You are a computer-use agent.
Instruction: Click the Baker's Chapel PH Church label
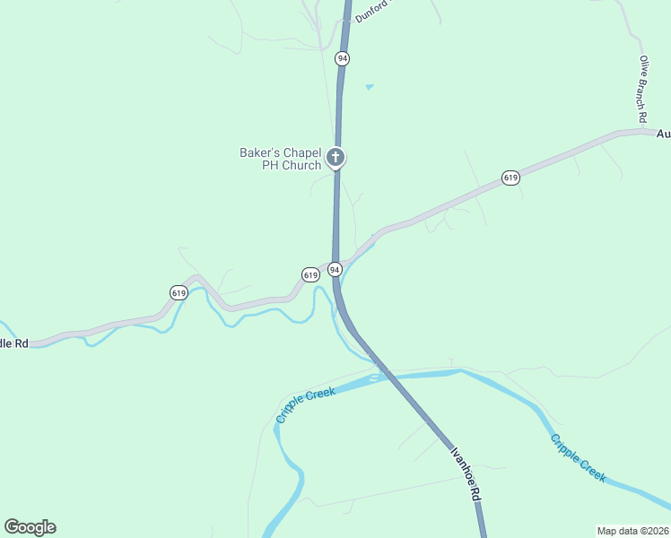pos(280,159)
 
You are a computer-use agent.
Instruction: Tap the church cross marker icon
pos(335,159)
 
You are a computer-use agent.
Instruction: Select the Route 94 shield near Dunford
pos(342,58)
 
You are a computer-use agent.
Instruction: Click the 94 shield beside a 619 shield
pos(334,269)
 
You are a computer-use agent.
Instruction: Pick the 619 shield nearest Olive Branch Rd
pos(510,178)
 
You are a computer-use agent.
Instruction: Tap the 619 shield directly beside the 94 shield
pos(310,274)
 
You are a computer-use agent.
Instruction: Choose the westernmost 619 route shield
pos(178,292)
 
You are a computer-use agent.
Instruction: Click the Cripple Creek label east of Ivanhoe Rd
pos(579,458)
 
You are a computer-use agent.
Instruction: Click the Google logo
pos(30,527)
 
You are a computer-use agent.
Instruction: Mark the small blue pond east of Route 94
pos(369,87)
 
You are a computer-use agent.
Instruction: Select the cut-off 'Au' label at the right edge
pos(663,134)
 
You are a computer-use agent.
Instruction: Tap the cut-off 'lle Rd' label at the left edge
pos(14,343)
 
